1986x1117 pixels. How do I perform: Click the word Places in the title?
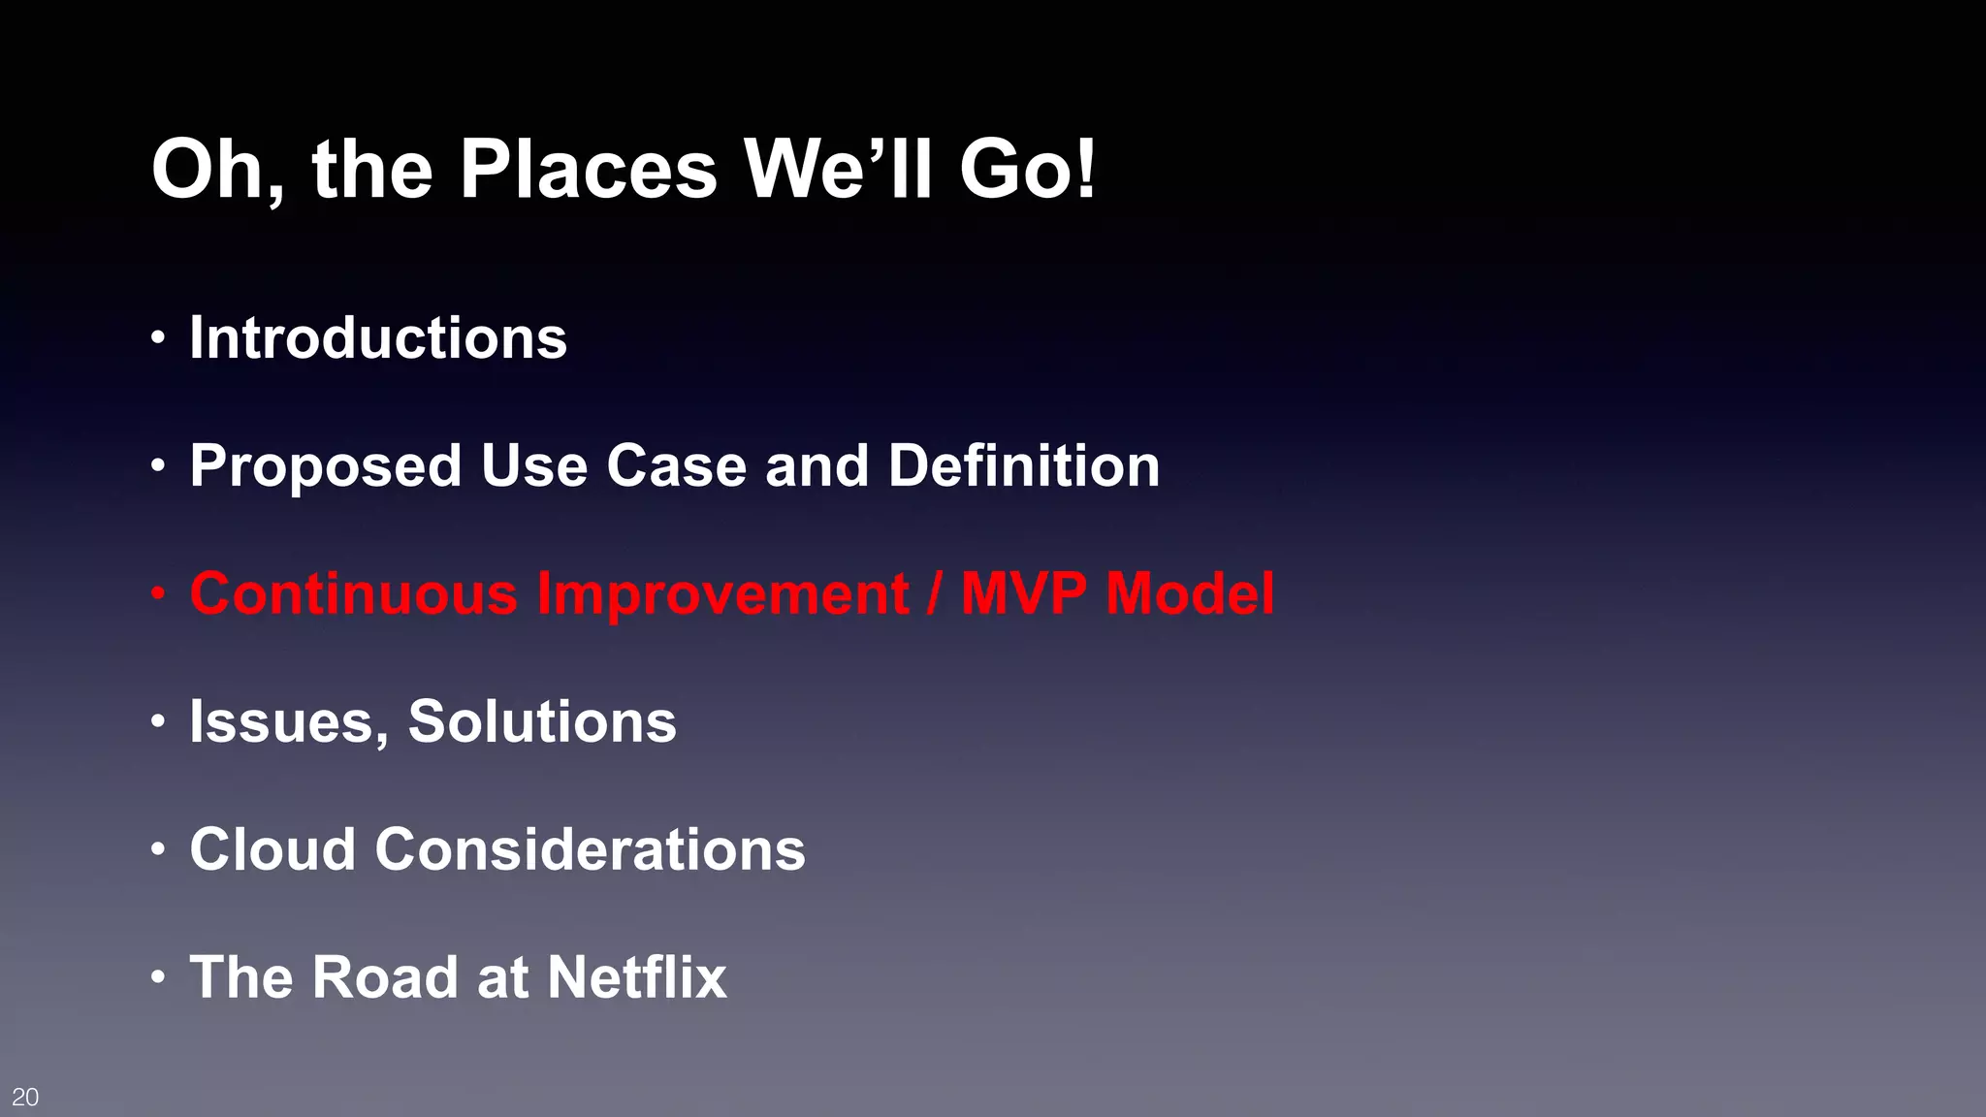tap(588, 170)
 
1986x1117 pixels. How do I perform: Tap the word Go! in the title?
tap(1027, 170)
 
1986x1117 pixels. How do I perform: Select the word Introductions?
tap(378, 338)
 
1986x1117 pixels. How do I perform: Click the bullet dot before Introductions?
tap(158, 339)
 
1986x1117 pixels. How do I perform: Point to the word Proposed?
tap(325, 467)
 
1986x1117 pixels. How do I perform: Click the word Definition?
tap(1024, 465)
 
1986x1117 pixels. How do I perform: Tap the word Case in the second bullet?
tap(676, 465)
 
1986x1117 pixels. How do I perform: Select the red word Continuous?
tap(353, 593)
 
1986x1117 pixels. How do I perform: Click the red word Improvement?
tap(722, 593)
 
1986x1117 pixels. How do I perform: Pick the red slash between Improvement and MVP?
tap(934, 593)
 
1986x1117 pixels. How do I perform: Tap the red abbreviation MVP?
tap(1023, 593)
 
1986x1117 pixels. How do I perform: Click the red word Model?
tap(1190, 593)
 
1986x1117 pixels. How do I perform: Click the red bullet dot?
tap(158, 593)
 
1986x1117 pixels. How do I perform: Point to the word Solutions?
tap(542, 721)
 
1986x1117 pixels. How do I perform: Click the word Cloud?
tap(272, 849)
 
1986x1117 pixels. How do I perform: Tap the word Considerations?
tap(590, 849)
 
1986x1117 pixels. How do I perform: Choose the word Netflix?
tap(636, 977)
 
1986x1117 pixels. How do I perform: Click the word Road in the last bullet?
tap(384, 977)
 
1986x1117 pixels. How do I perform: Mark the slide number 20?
tap(25, 1097)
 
